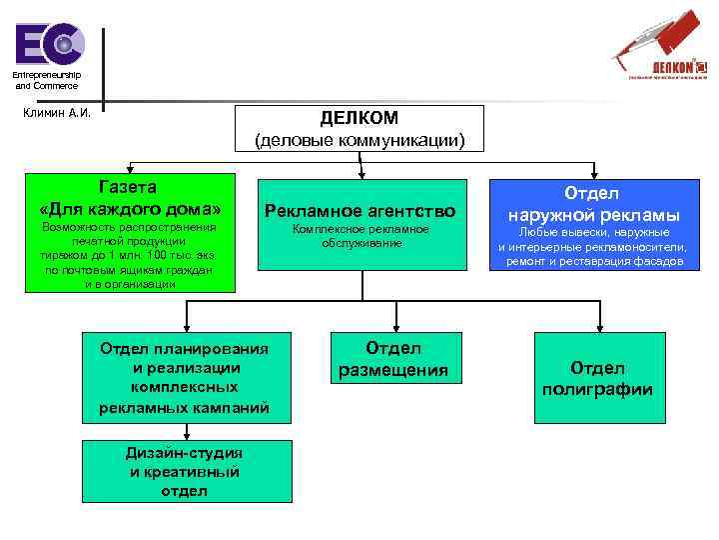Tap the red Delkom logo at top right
(x=660, y=45)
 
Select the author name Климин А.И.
(x=57, y=112)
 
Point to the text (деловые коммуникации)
(x=359, y=140)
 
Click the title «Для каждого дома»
(x=129, y=210)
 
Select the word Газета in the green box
(x=129, y=186)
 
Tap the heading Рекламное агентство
(x=359, y=211)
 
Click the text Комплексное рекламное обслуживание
(x=359, y=236)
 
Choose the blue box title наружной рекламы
(x=593, y=215)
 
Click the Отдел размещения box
(x=392, y=359)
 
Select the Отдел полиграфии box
(x=597, y=379)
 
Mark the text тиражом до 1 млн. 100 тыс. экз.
(x=129, y=255)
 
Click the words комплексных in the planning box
(x=184, y=387)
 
